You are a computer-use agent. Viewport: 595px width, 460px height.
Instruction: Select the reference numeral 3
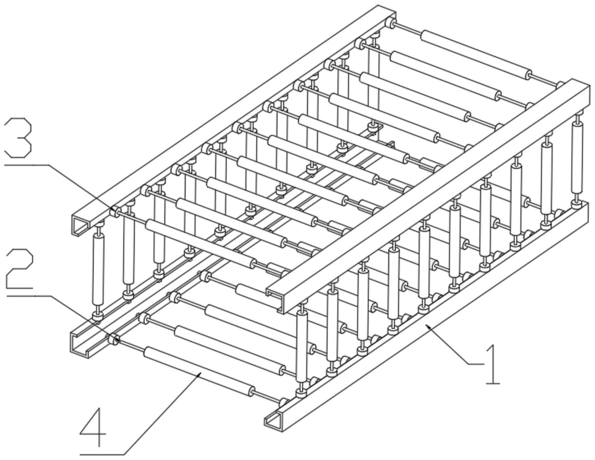tap(18, 138)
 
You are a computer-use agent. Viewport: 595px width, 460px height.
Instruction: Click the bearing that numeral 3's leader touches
tap(115, 212)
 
